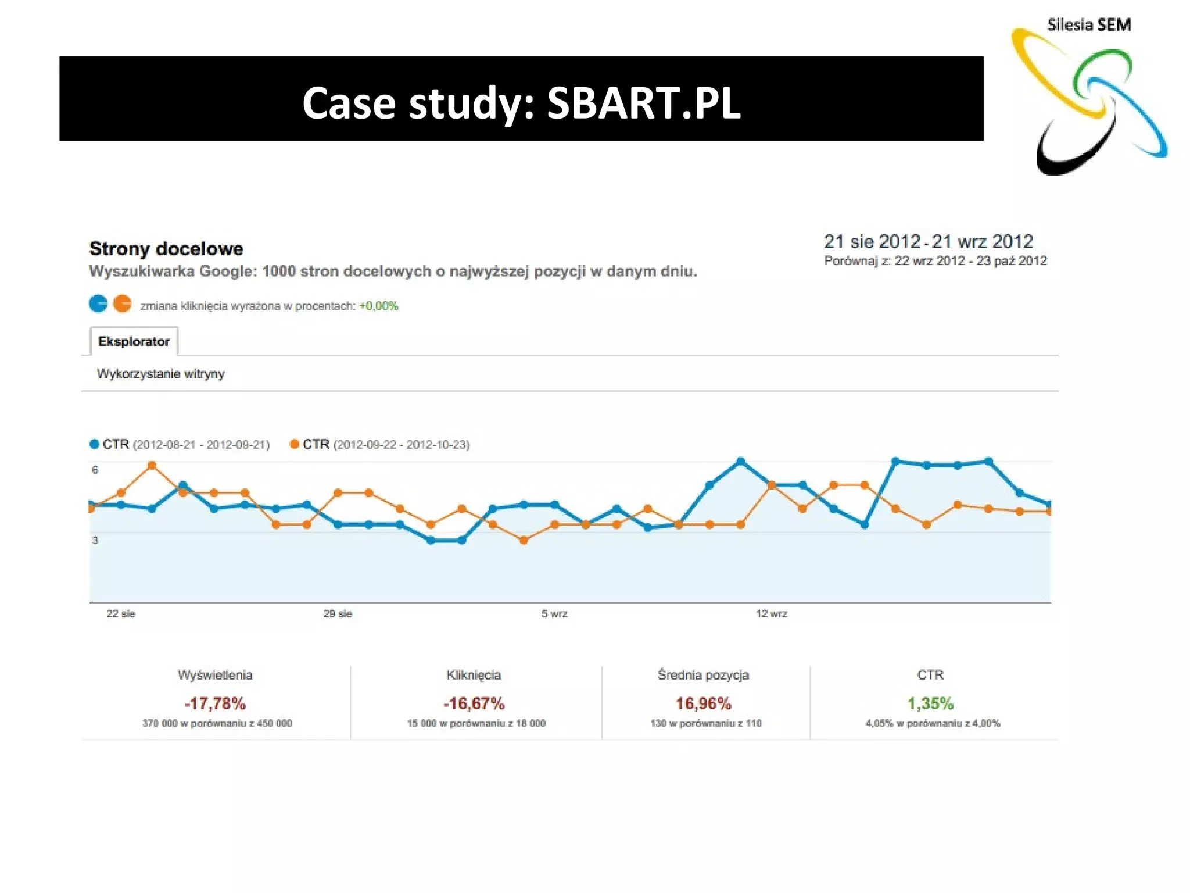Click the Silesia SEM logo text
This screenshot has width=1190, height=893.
pos(1088,25)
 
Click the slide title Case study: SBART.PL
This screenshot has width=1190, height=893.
pos(521,103)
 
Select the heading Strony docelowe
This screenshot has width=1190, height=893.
pos(166,249)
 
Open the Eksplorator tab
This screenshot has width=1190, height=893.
pos(134,341)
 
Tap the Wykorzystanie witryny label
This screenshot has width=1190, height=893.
pos(160,374)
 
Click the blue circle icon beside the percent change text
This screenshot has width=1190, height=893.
pos(98,303)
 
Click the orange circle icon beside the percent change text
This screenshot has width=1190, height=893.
pos(122,303)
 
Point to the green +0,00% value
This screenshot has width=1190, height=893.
pos(378,306)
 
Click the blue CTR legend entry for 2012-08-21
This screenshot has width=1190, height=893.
pos(180,445)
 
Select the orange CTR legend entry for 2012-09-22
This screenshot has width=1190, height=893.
pos(379,445)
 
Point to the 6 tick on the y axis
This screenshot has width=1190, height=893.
pos(95,470)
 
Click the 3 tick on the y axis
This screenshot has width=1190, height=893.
pos(95,540)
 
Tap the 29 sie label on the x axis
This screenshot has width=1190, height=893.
pos(338,613)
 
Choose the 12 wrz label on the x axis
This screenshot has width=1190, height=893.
pos(771,613)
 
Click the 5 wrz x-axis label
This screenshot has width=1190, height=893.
pos(554,613)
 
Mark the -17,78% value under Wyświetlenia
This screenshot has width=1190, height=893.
pos(215,703)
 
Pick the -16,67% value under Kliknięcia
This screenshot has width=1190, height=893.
pos(474,703)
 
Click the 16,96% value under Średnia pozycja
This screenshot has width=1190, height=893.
pos(703,703)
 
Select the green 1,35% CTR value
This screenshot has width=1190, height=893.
pos(930,703)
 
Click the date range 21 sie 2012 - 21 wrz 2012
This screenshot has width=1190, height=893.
pos(928,241)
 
